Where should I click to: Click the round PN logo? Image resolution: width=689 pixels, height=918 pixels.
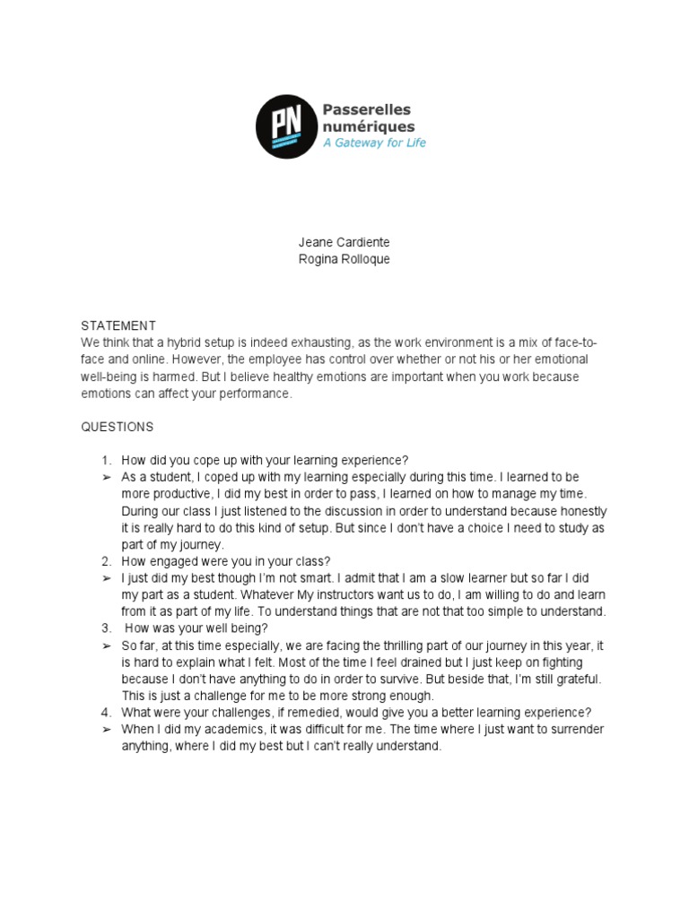(285, 126)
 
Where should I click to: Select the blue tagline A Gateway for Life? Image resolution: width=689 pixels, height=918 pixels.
(374, 143)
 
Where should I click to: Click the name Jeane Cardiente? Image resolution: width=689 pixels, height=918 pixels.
(344, 243)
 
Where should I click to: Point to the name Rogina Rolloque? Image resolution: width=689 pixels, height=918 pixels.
(344, 260)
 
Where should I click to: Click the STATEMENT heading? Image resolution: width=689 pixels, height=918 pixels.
(118, 325)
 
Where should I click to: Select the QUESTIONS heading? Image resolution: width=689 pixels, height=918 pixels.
(118, 427)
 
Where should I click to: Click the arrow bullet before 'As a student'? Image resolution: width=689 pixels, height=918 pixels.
(106, 477)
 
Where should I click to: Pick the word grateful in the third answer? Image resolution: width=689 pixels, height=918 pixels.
(579, 680)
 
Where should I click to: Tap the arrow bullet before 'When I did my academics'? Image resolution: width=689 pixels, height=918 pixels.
(106, 730)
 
